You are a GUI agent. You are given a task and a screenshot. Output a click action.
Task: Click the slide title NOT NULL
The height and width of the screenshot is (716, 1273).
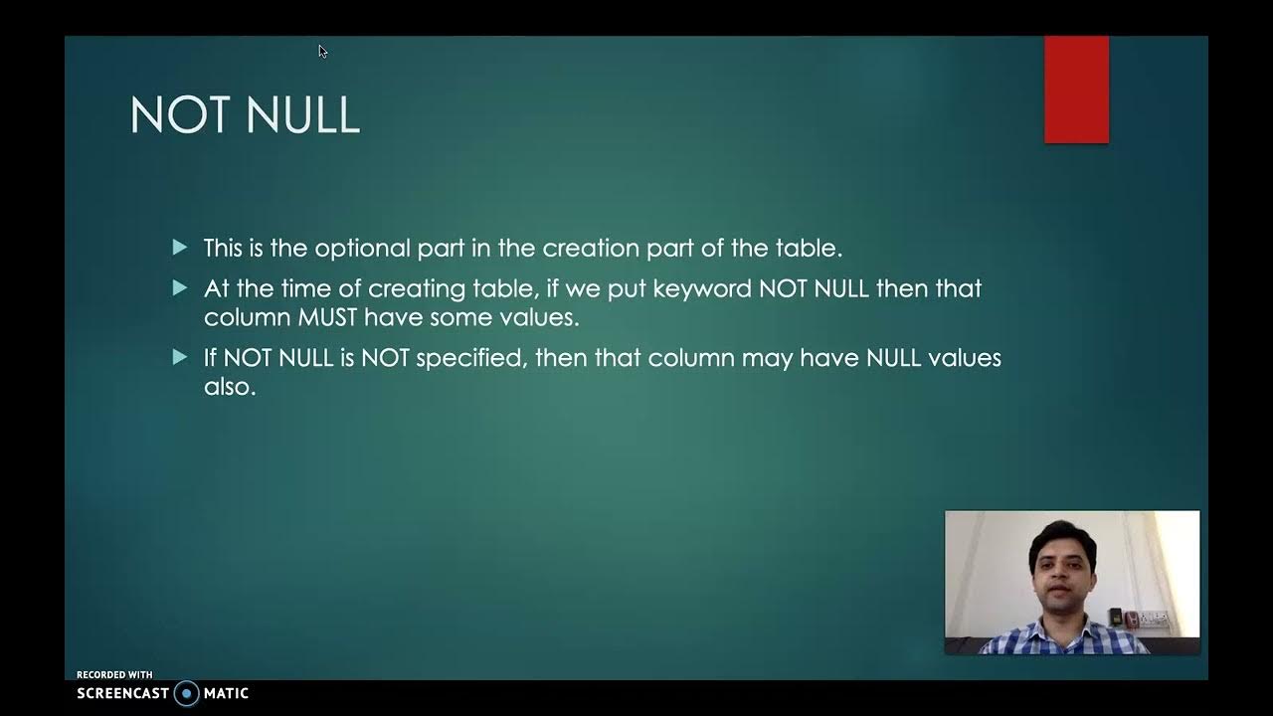tap(245, 115)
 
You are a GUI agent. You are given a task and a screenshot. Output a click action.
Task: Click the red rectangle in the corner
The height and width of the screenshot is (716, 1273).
tap(1076, 89)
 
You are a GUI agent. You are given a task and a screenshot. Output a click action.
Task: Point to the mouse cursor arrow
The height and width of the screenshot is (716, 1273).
tap(322, 51)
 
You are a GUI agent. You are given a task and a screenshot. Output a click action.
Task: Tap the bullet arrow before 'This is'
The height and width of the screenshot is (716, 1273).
tap(180, 247)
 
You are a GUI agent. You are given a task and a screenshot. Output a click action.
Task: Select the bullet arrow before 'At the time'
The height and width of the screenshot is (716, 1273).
tap(180, 287)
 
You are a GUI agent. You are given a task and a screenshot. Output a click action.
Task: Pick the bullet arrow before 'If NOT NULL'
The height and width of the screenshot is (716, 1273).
tap(180, 356)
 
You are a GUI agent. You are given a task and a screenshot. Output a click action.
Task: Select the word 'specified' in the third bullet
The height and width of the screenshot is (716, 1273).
tap(470, 358)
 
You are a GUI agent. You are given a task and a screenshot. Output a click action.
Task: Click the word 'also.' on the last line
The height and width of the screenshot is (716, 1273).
tap(230, 387)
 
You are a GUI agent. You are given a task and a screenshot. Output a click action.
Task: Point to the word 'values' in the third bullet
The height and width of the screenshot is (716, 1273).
tap(964, 357)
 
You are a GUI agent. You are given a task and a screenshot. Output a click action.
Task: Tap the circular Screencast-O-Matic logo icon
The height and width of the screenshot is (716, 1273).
tap(186, 693)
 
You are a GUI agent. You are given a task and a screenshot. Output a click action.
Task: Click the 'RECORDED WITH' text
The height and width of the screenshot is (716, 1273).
tap(114, 675)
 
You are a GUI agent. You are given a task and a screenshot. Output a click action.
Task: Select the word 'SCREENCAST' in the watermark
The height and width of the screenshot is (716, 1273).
tap(122, 693)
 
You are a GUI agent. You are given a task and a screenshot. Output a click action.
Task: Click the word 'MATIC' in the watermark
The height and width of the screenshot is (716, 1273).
tap(226, 693)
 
